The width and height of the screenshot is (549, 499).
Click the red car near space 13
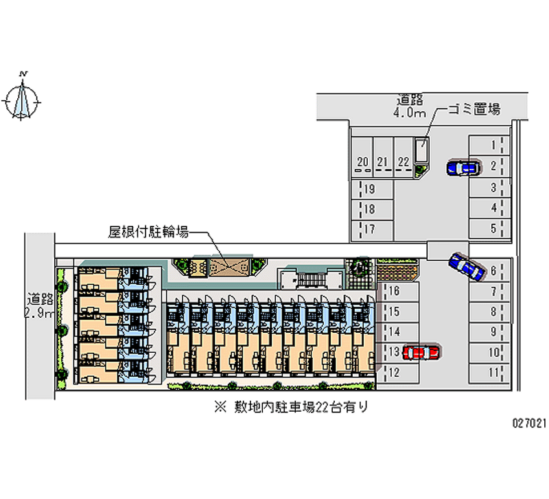[421, 353]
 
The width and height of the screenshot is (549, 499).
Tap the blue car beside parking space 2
[463, 167]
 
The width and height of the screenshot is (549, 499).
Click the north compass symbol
[23, 100]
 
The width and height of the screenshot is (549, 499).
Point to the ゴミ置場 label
[474, 108]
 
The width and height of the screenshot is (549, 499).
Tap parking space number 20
[363, 162]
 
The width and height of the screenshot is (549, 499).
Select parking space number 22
[404, 162]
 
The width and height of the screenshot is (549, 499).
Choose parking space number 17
[369, 229]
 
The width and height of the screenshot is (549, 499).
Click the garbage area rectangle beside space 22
[421, 150]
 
